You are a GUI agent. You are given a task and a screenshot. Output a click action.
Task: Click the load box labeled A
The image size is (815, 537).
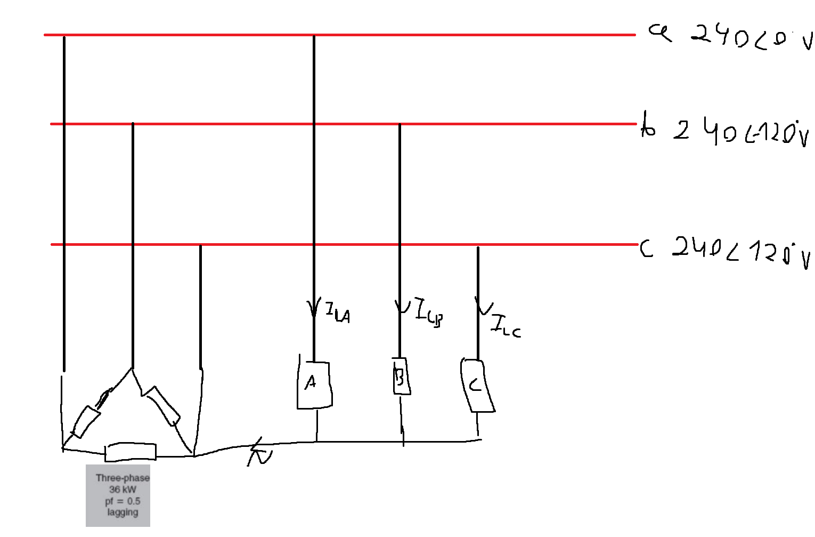pos(314,385)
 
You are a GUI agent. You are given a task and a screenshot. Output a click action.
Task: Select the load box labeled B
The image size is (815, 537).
pos(401,376)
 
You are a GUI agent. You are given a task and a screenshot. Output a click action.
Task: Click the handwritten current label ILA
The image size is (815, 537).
pos(338,313)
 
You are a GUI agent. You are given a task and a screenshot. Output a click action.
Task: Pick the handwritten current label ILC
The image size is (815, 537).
pos(505,326)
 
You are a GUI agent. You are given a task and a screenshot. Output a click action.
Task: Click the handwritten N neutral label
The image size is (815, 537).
pos(260,454)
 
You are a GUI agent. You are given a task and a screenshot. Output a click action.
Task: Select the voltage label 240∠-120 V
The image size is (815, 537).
pos(740,132)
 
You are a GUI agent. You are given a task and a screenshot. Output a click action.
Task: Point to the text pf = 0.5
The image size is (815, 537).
pos(123,501)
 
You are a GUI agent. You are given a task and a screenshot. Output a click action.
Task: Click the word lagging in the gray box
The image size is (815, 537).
pos(123,512)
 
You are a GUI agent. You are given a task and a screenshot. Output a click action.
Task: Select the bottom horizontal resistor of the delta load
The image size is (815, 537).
pos(131,452)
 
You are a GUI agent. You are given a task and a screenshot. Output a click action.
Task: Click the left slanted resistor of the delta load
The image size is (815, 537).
pos(86,422)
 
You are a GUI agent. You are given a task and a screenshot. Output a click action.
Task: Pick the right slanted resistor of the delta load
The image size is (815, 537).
pos(163,406)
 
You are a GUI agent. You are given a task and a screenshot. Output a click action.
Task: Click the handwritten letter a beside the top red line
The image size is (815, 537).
pos(660,33)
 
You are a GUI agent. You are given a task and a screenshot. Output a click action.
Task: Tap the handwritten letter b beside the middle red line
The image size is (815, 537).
pos(648,126)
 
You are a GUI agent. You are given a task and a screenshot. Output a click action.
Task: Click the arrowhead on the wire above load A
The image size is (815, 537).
pos(314,308)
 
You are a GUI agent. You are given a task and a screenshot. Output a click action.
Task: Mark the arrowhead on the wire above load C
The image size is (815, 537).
pos(483,308)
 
